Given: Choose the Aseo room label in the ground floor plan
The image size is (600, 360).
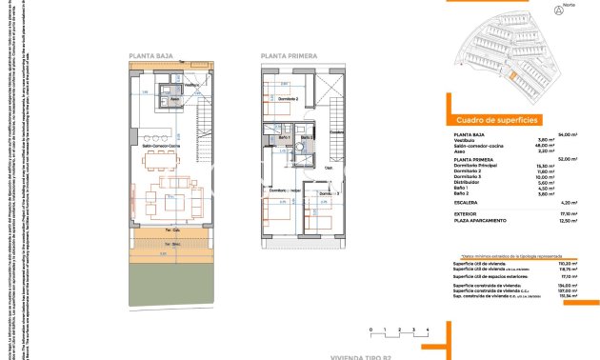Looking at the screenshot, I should (174, 97).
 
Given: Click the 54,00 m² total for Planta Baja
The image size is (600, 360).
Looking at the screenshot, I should (570, 134).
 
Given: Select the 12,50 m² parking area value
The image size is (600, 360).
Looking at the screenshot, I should (570, 220).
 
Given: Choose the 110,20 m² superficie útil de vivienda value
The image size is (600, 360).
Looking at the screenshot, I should (570, 263).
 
